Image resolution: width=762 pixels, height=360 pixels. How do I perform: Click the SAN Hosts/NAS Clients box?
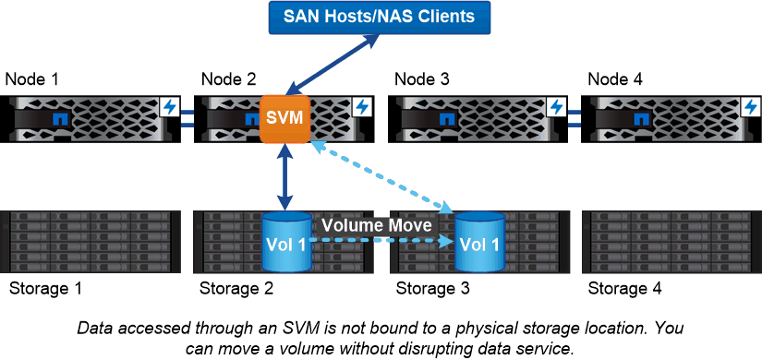point(381,17)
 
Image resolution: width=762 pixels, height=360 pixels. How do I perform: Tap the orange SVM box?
point(284,119)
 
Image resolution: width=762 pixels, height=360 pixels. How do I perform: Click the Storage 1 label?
point(45,289)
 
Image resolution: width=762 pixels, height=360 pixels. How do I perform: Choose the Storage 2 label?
point(237,289)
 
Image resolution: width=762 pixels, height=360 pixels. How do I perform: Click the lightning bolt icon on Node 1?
point(168,107)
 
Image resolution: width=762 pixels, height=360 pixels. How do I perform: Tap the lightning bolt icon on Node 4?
point(750,107)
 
